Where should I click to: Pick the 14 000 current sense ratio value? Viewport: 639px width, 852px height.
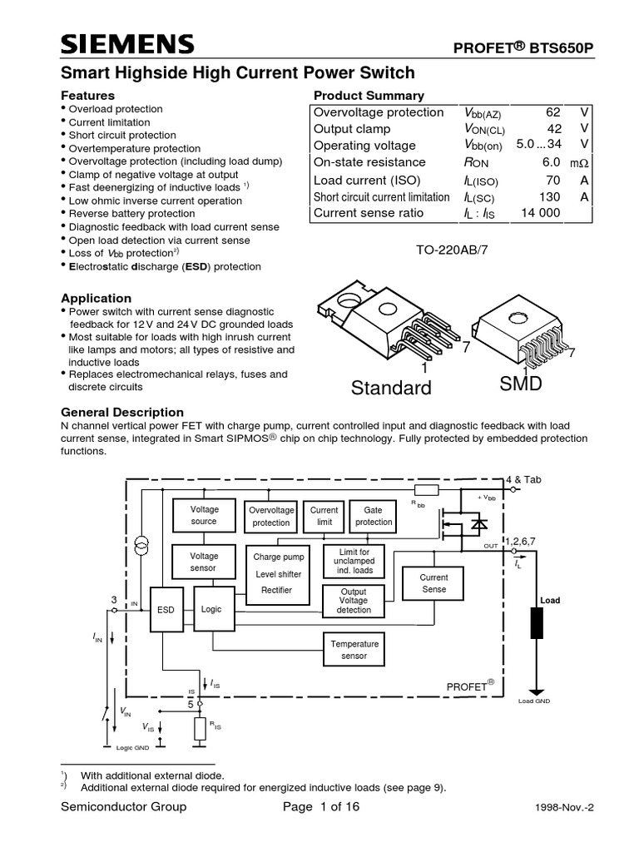(x=541, y=213)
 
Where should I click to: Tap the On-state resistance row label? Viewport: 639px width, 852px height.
(x=369, y=162)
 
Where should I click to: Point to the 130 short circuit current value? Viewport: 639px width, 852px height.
(x=550, y=196)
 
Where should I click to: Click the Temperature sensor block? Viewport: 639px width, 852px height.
(x=354, y=650)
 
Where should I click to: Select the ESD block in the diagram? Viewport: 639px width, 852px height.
(x=166, y=609)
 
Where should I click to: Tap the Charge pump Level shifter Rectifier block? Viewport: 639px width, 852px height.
(x=278, y=573)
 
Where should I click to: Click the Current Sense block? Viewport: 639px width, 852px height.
(x=433, y=583)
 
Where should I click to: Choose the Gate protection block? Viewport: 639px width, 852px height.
(x=374, y=516)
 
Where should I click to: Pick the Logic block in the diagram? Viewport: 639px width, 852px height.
(x=211, y=609)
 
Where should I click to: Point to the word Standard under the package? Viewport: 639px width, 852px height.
(x=391, y=388)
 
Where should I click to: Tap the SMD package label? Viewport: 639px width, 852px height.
(x=521, y=384)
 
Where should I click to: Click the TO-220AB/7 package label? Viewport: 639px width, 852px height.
(x=451, y=250)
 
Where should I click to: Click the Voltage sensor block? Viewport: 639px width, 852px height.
(x=204, y=562)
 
